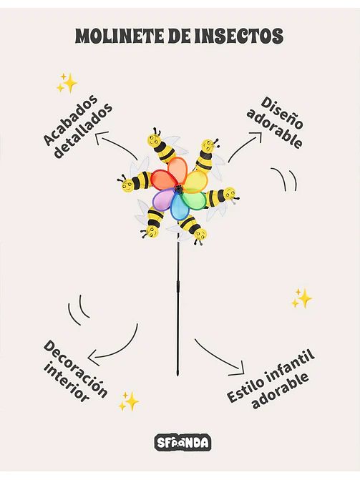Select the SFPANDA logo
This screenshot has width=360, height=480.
pos(183,443)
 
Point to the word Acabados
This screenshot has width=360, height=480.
pos(70,120)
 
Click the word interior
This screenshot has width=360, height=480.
pos(66,383)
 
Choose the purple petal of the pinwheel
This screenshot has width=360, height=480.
pos(164,200)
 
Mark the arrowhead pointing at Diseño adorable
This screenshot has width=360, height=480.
pos(257,137)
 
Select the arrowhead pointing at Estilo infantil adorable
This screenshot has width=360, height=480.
pos(238,369)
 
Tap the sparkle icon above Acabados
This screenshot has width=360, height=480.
pos(67,83)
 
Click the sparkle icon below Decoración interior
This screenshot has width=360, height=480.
pos(129,401)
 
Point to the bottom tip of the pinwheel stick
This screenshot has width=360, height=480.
pos(177,376)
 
